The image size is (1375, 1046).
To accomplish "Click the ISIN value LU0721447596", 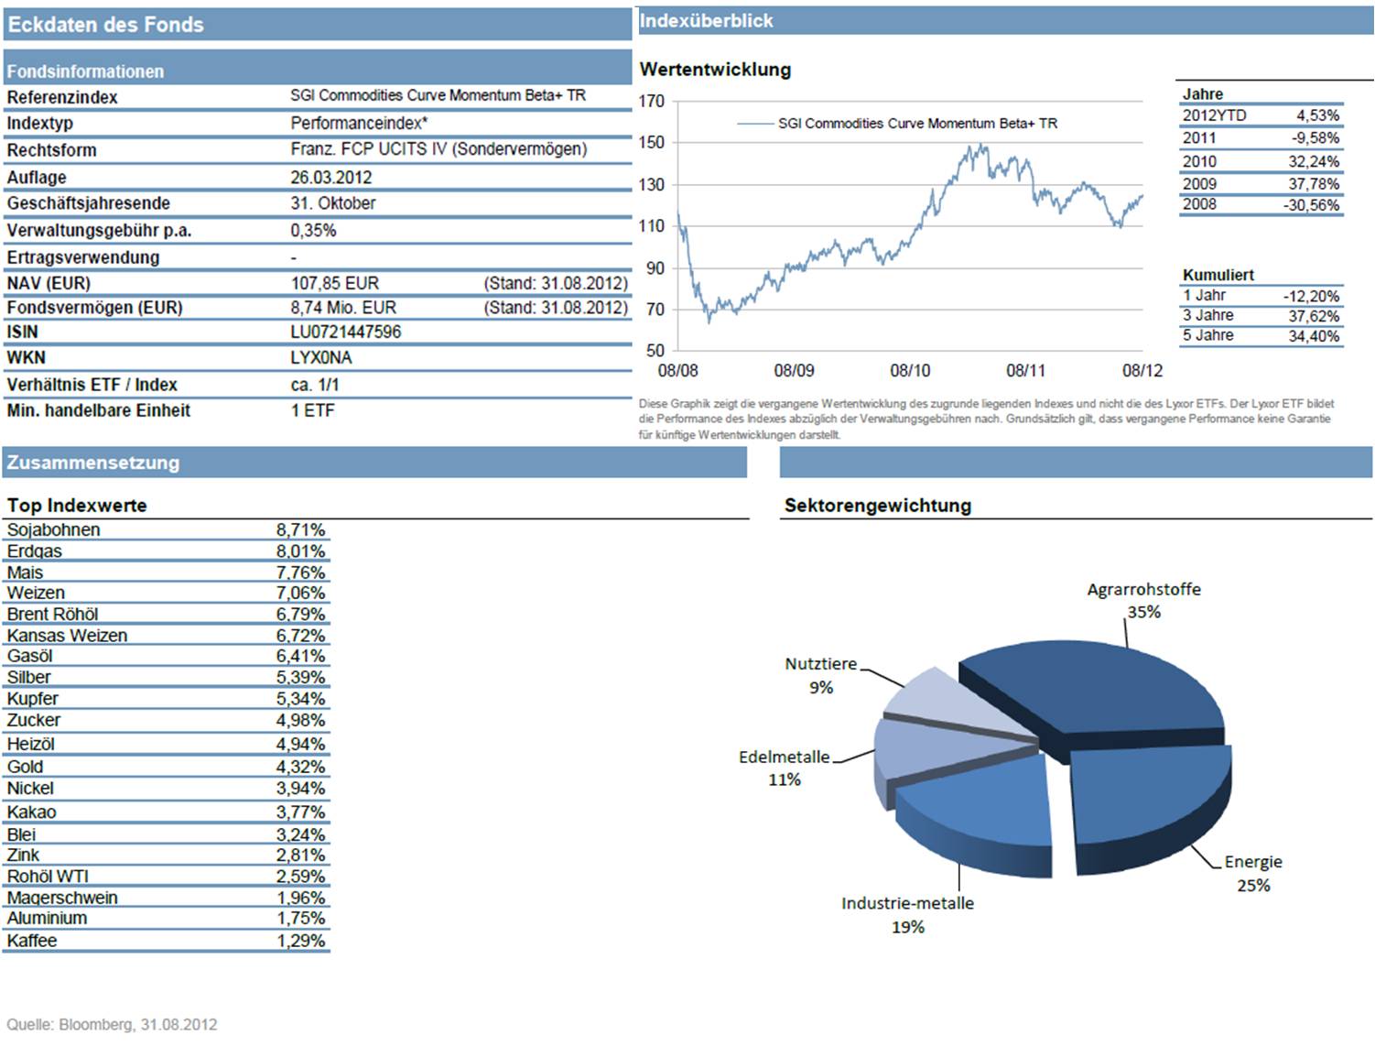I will [x=346, y=332].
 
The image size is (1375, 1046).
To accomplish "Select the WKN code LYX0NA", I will [x=321, y=358].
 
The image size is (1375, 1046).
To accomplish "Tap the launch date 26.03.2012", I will [x=331, y=178].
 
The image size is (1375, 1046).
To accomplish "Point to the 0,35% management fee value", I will [x=313, y=231].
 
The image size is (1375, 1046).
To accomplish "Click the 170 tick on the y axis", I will [x=652, y=102].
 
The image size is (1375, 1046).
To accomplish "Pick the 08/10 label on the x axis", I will [x=910, y=371].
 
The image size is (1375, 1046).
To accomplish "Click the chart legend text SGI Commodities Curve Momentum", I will [x=917, y=124].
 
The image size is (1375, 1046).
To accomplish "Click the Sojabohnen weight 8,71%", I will [x=301, y=530].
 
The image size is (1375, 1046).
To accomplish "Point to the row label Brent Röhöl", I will [x=52, y=615].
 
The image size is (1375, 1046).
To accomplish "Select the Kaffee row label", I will [x=32, y=941].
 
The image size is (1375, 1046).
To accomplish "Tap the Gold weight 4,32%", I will [x=301, y=768].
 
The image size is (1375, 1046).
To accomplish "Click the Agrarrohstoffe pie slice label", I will [x=1143, y=590].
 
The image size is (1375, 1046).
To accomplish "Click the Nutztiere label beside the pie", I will [x=820, y=664].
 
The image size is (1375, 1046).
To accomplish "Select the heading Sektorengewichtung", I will [x=877, y=506].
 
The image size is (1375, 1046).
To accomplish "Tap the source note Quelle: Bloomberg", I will [x=112, y=1024].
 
